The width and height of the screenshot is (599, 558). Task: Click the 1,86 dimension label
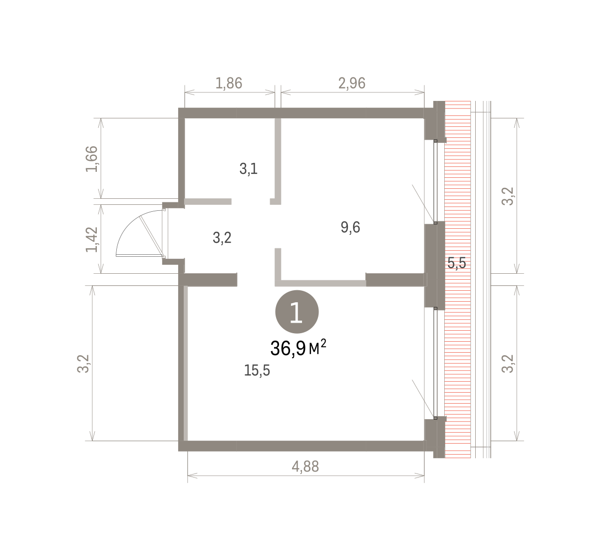tap(229, 83)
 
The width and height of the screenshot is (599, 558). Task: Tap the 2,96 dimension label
tap(352, 83)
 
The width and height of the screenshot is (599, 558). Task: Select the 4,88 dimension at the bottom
tap(305, 467)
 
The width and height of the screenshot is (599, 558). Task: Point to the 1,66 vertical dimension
tap(92, 159)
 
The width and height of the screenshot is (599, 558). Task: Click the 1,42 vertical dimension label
tap(92, 239)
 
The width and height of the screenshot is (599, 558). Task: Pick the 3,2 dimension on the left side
tap(83, 364)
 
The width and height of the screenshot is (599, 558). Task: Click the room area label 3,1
tap(249, 168)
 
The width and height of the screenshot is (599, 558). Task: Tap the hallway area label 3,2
tap(222, 238)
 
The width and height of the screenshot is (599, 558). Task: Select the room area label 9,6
tap(350, 227)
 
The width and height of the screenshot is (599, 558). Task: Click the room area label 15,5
tap(257, 370)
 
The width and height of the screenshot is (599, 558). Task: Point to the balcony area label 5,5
tap(457, 263)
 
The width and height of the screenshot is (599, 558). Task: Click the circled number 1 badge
tap(297, 312)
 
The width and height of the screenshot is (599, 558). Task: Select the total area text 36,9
tap(288, 348)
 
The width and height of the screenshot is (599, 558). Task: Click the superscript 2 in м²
tap(323, 343)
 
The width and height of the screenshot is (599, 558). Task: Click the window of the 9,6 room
tap(435, 181)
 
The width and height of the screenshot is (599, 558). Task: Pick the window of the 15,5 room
tap(435, 363)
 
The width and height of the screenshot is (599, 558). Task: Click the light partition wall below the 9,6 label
tap(320, 283)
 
